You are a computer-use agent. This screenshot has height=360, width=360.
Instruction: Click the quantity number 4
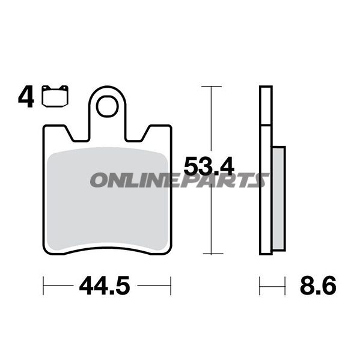(25, 97)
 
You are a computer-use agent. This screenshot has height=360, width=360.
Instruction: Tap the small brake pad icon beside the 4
(56, 96)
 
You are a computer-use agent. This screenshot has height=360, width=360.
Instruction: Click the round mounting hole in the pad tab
(107, 106)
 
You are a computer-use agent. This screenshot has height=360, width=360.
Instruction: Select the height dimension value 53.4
(209, 166)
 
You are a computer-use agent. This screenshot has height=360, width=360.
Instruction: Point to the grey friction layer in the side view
(279, 198)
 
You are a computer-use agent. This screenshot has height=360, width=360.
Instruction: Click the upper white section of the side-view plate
(266, 106)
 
